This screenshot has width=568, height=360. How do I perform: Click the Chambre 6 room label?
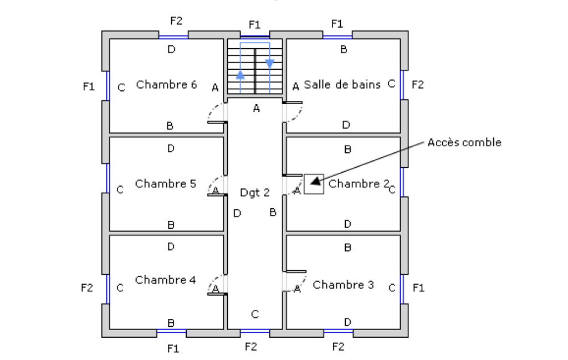[166, 85]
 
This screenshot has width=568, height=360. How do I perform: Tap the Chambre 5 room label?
[165, 183]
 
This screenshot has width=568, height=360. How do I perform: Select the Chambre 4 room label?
[165, 280]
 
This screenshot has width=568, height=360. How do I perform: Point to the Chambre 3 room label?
[343, 285]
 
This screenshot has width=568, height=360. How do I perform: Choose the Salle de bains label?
[342, 85]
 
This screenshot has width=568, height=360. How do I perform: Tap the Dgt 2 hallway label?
[254, 192]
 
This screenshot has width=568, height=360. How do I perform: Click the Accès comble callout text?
[464, 142]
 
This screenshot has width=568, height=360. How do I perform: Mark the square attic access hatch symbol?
[314, 184]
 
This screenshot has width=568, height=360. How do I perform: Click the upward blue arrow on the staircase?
[240, 76]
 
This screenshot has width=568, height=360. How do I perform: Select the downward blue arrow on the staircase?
[270, 63]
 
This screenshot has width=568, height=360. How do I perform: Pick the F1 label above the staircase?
[254, 24]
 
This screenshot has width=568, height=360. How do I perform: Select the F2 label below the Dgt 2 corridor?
[251, 347]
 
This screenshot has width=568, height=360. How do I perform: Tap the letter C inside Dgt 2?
[254, 315]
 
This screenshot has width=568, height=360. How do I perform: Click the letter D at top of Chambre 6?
[171, 49]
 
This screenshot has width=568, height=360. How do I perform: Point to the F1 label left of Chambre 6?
[88, 86]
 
